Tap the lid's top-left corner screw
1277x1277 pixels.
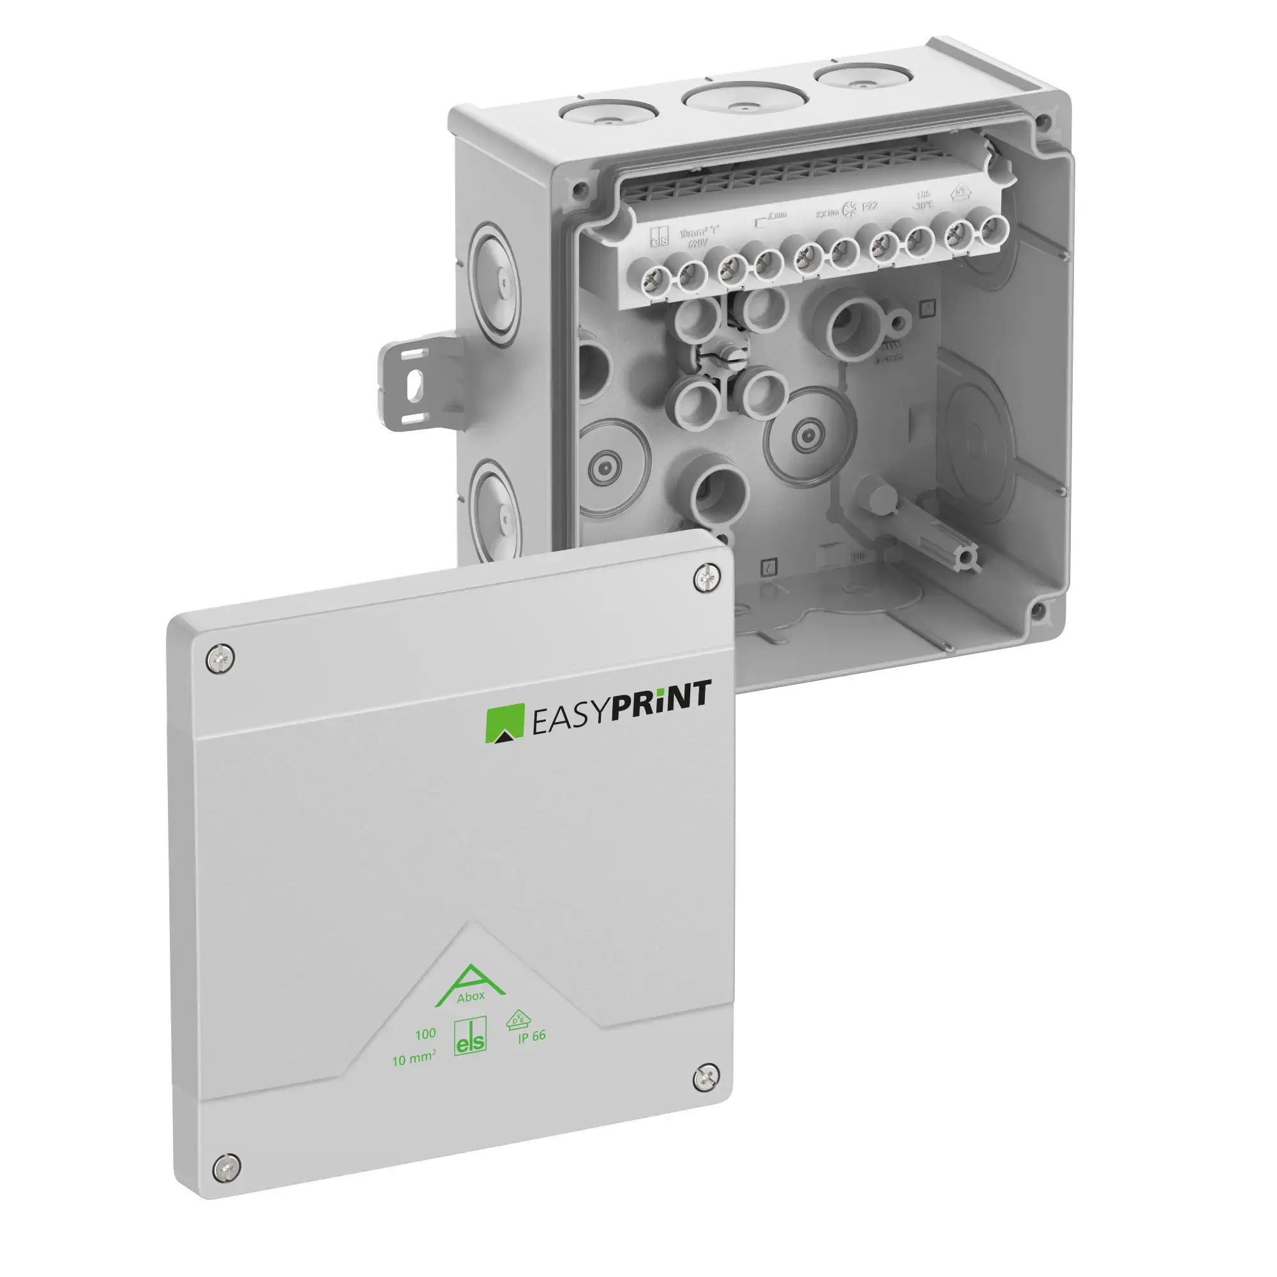pyautogui.click(x=220, y=659)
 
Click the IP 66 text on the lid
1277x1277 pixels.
pyautogui.click(x=531, y=1036)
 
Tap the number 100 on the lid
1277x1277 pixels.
pyautogui.click(x=425, y=1033)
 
